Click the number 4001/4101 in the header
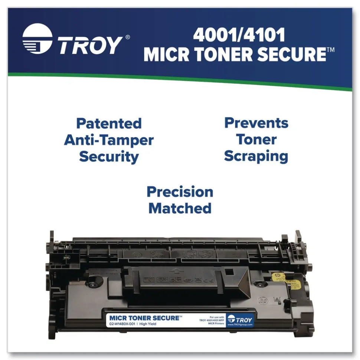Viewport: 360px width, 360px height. [x=239, y=36]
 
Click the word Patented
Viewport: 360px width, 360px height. [x=109, y=123]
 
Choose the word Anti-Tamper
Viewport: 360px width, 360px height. [x=109, y=140]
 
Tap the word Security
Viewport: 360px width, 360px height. [x=109, y=157]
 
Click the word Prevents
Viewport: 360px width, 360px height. [x=256, y=123]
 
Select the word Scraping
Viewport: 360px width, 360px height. [x=256, y=156]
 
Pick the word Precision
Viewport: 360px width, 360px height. [x=180, y=192]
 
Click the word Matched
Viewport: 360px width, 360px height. [x=180, y=208]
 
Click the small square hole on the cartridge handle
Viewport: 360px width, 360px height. [x=229, y=272]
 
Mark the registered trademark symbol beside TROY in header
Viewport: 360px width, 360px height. [x=128, y=37]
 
